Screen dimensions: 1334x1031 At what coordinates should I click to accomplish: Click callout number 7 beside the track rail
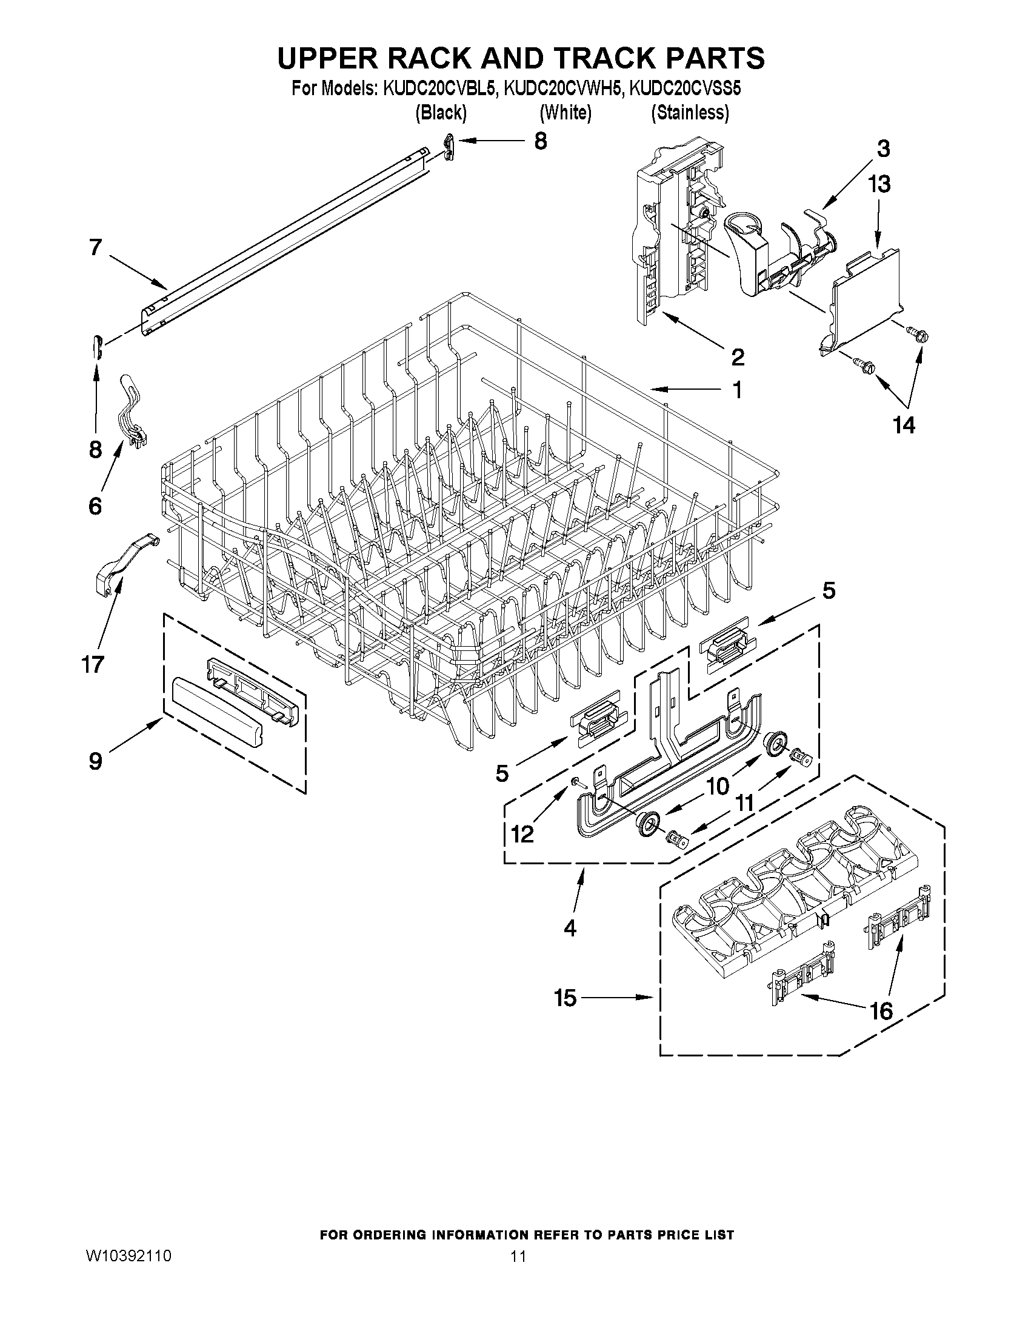(95, 247)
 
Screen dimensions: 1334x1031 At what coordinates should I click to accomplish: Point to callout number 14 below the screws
(904, 425)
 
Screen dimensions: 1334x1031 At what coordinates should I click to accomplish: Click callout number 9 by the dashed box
(95, 761)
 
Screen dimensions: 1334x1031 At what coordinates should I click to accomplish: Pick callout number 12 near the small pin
(522, 833)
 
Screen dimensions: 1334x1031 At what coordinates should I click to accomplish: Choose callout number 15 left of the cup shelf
(565, 998)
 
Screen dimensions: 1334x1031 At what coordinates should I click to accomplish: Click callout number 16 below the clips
(881, 1012)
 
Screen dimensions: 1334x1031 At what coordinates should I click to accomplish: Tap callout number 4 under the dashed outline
(569, 929)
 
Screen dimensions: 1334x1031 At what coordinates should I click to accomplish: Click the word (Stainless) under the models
(690, 113)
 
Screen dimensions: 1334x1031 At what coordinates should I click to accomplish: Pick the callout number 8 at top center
(540, 141)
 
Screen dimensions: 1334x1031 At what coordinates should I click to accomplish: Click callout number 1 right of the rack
(737, 390)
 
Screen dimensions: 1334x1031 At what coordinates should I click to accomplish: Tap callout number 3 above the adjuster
(883, 148)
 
